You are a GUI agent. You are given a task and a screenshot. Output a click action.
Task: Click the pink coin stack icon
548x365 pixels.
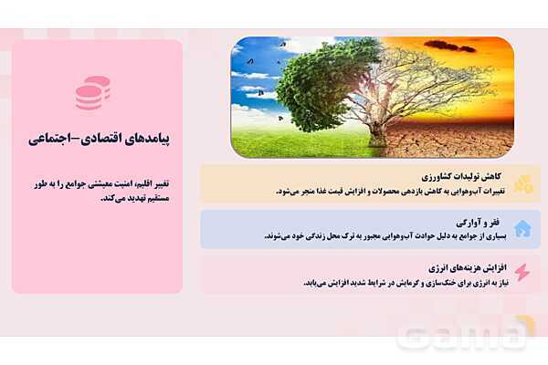92,93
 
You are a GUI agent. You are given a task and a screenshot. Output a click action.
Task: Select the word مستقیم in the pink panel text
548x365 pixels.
152,198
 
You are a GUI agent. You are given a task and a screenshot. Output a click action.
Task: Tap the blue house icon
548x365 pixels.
522,228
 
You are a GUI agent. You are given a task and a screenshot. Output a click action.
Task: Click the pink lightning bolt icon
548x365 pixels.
522,273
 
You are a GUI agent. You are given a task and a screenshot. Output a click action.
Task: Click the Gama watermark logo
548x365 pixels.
462,335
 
